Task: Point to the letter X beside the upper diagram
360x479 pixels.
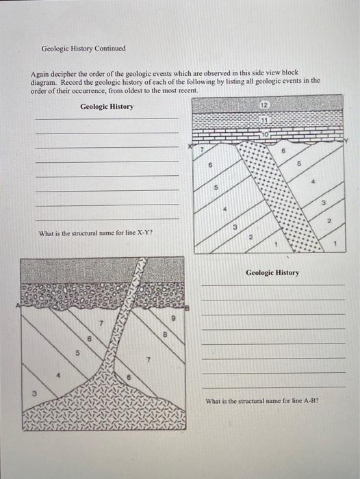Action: click(x=192, y=146)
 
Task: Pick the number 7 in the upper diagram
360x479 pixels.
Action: click(x=202, y=148)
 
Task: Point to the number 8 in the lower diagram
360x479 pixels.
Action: click(x=165, y=335)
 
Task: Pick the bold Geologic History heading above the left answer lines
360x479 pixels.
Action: click(x=107, y=106)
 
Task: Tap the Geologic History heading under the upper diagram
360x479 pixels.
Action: click(x=272, y=272)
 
